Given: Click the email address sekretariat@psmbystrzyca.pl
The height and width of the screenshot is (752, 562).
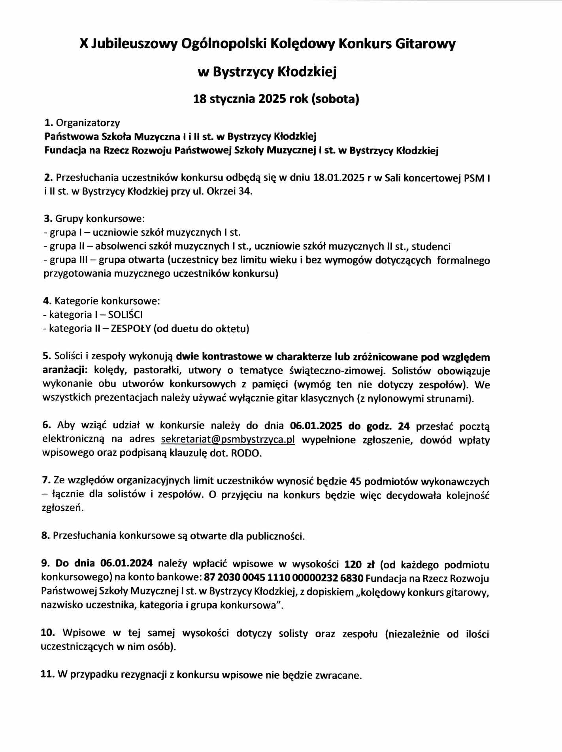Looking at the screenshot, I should tap(228, 439).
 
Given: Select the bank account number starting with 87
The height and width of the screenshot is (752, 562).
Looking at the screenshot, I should tap(283, 578).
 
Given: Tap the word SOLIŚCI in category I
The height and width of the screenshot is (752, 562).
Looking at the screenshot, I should tap(125, 314).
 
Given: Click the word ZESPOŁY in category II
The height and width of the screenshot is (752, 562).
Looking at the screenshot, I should tap(131, 328).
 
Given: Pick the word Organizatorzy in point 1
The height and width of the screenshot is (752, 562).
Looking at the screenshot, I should tap(88, 123).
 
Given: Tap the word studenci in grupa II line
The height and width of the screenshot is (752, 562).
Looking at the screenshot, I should tap(431, 246).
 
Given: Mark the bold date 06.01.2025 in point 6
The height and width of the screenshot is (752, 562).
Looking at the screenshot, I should tap(316, 426).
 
